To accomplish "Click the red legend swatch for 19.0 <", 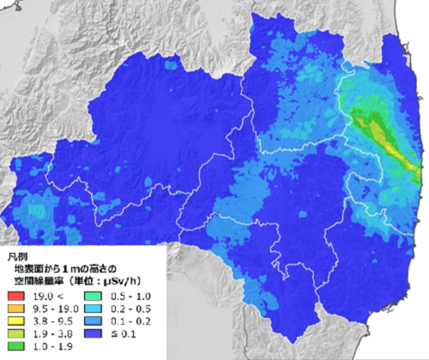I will (16, 296).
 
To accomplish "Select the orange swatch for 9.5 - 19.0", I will (16, 309).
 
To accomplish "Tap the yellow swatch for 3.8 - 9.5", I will (16, 321).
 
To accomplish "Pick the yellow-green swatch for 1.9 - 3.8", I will (16, 333).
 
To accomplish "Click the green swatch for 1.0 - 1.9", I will (16, 346).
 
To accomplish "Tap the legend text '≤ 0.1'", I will (124, 333).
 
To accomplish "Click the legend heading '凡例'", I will (16, 256).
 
